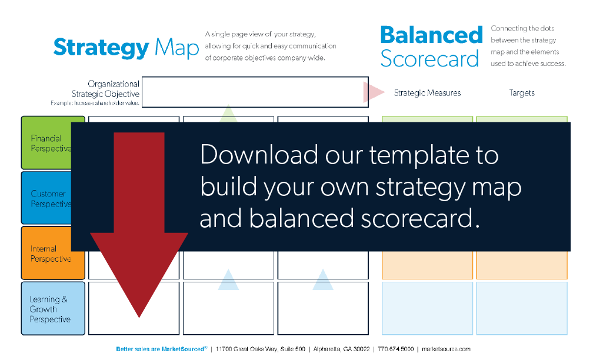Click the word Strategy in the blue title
(x=101, y=48)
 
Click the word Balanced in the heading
(x=432, y=35)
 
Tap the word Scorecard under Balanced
(x=429, y=59)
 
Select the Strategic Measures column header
(x=427, y=93)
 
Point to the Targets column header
(x=522, y=93)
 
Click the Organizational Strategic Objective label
(x=105, y=89)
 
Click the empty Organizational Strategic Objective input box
(x=255, y=92)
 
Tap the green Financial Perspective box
(x=46, y=142)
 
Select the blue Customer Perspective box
(x=46, y=198)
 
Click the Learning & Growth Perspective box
(x=53, y=308)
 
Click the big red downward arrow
(x=139, y=225)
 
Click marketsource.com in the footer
(x=447, y=349)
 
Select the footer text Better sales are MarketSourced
(x=161, y=349)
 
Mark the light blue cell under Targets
(x=522, y=308)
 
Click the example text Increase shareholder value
(x=106, y=103)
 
